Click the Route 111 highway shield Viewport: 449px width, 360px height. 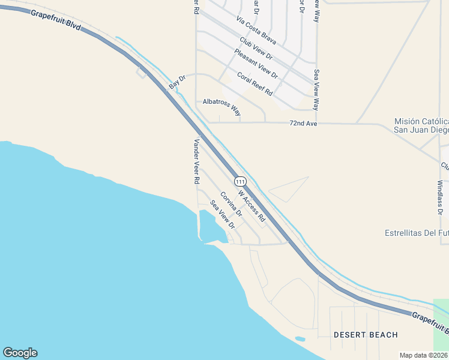(240, 181)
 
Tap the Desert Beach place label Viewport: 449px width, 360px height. (366, 334)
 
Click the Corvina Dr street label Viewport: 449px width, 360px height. (231, 204)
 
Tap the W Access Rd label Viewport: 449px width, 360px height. (252, 206)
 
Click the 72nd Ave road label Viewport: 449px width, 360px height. (303, 123)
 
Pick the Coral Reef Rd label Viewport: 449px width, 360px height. (255, 84)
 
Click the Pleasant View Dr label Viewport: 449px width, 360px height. (256, 63)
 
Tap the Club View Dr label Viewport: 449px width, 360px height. (256, 49)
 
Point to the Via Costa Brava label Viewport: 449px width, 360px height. (256, 31)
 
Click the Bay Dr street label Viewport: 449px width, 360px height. (178, 83)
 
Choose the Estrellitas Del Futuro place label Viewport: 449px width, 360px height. (417, 233)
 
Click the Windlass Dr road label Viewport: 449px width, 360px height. (440, 197)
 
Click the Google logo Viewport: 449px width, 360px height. (20, 353)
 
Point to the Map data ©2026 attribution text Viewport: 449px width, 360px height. (423, 355)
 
